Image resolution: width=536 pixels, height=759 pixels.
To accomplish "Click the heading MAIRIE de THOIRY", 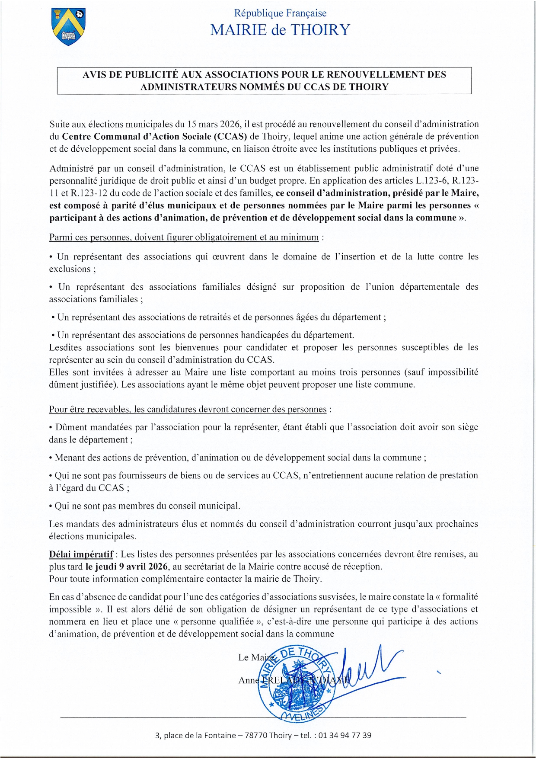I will tap(280, 30).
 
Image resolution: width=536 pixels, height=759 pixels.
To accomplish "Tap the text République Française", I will tap(280, 13).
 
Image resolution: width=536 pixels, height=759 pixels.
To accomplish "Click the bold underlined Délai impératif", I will tap(81, 554).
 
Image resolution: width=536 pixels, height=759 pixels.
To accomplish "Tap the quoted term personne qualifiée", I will tap(217, 621).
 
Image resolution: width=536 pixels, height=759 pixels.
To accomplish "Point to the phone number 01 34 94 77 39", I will tap(345, 735).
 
